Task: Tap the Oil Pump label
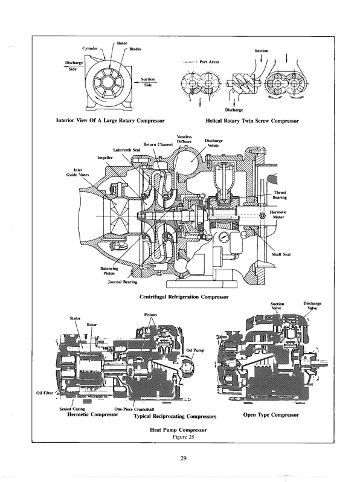point(197,350)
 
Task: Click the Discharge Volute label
point(214,143)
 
